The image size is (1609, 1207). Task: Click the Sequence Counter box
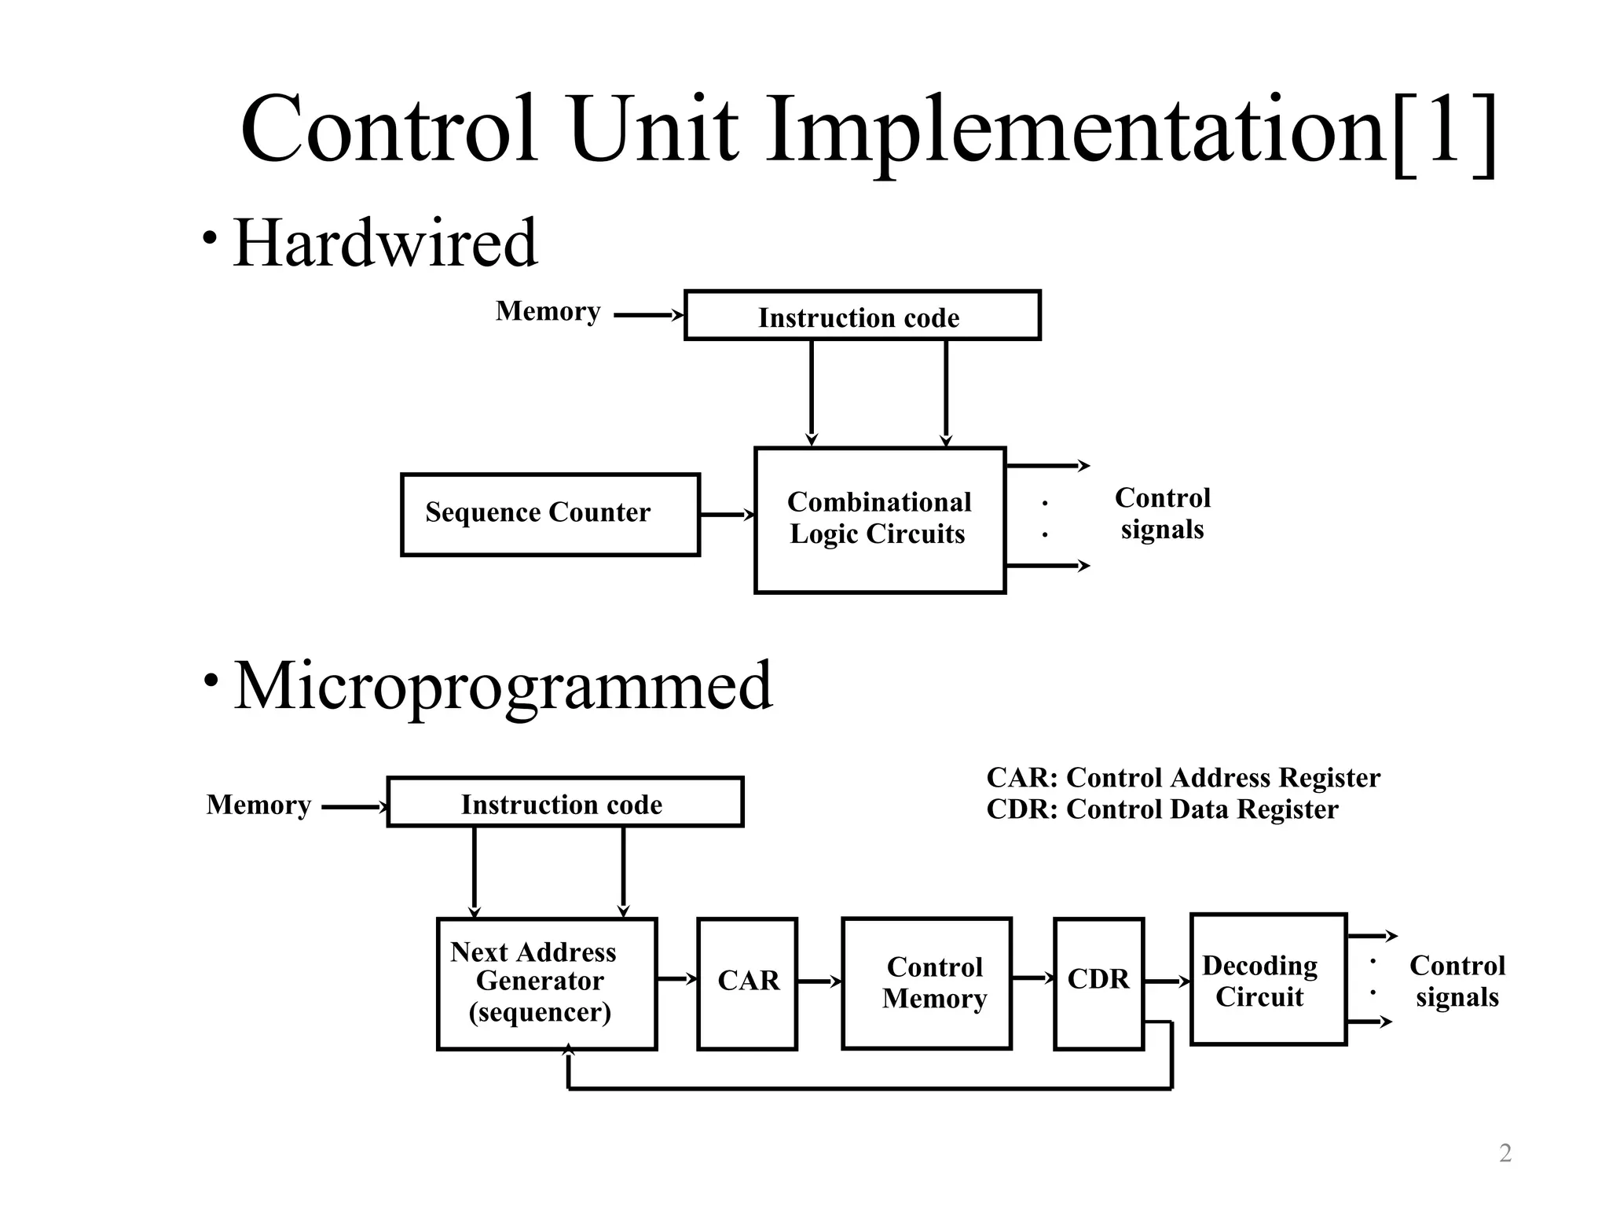pyautogui.click(x=550, y=514)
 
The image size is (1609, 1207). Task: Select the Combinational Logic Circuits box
pyautogui.click(x=879, y=519)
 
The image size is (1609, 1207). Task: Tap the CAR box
pyautogui.click(x=747, y=982)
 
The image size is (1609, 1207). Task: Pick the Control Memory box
pyautogui.click(x=926, y=982)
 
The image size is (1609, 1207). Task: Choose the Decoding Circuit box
pyautogui.click(x=1267, y=979)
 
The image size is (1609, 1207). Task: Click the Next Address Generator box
pyautogui.click(x=546, y=982)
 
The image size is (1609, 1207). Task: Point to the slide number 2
pyautogui.click(x=1505, y=1154)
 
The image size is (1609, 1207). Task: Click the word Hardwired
pyautogui.click(x=385, y=242)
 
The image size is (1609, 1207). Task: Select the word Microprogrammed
pyautogui.click(x=503, y=685)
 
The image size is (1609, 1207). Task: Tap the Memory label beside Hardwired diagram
pyautogui.click(x=548, y=311)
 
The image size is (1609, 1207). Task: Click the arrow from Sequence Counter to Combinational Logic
pyautogui.click(x=726, y=515)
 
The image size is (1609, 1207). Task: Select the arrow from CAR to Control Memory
pyautogui.click(x=819, y=981)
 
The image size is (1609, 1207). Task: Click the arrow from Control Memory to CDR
pyautogui.click(x=1032, y=978)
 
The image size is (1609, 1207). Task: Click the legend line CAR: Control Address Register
pyautogui.click(x=1182, y=778)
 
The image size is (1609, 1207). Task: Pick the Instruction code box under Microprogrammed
pyautogui.click(x=564, y=802)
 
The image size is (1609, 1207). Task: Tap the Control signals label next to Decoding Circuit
pyautogui.click(x=1457, y=981)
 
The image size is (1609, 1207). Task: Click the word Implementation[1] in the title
pyautogui.click(x=1131, y=130)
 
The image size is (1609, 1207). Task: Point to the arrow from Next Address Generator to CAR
pyautogui.click(x=676, y=978)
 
